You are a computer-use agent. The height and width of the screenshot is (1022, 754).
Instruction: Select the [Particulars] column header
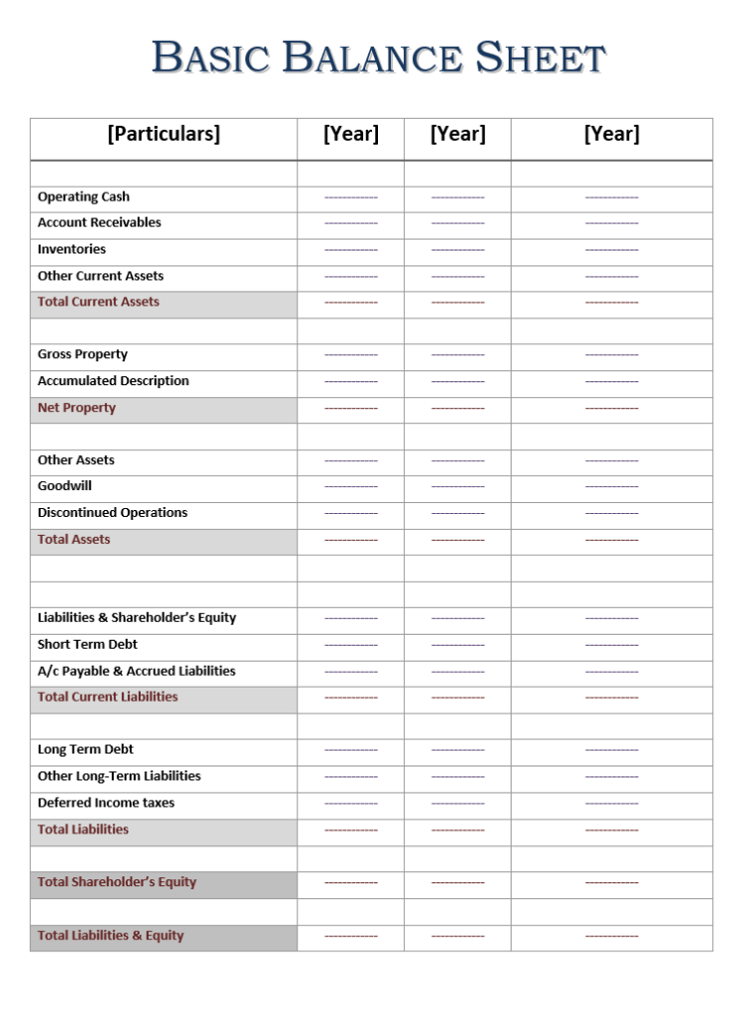164,134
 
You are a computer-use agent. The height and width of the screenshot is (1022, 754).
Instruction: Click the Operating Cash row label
84,197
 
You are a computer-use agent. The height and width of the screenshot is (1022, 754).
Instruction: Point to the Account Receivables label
99,223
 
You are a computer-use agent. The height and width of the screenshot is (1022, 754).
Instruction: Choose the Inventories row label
72,250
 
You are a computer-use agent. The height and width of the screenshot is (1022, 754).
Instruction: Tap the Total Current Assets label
99,301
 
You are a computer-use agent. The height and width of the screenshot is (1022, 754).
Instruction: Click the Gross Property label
83,354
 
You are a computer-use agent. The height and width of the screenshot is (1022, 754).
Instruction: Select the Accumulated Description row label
113,381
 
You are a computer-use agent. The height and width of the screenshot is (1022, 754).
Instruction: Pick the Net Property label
77,407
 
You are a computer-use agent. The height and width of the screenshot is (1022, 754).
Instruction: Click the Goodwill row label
65,486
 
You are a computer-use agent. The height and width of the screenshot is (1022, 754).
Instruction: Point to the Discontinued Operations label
113,513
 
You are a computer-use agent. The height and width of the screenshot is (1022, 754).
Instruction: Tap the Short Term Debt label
88,645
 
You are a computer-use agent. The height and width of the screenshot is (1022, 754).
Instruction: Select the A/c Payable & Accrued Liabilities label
137,671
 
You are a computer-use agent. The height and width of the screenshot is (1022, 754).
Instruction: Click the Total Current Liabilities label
108,697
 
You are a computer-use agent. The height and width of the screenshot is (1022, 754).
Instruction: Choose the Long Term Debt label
86,750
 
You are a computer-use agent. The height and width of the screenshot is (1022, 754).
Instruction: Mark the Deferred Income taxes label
106,802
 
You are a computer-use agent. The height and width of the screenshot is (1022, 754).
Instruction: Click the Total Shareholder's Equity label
117,882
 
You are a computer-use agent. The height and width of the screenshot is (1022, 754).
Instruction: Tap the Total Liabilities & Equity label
111,935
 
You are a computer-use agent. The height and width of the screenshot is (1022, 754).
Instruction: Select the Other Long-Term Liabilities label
119,776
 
